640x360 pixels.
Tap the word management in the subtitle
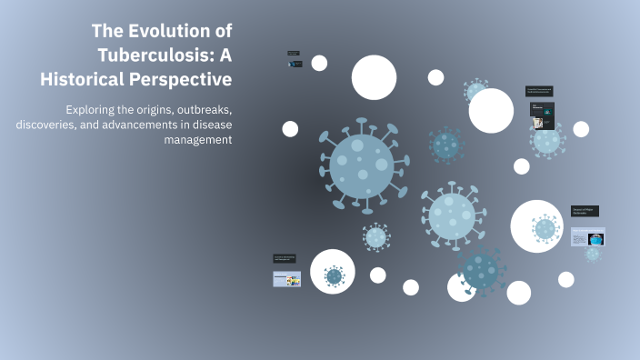[197, 139]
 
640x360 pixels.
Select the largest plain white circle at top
[374, 77]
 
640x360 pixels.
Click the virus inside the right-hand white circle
[545, 228]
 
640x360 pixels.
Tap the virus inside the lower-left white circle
[334, 275]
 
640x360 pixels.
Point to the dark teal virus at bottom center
[482, 270]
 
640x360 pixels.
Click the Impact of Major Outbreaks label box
[585, 211]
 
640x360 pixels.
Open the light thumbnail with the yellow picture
[287, 279]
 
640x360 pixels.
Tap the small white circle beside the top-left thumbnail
[319, 63]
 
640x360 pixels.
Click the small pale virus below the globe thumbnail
[593, 255]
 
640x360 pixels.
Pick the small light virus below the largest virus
[375, 237]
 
